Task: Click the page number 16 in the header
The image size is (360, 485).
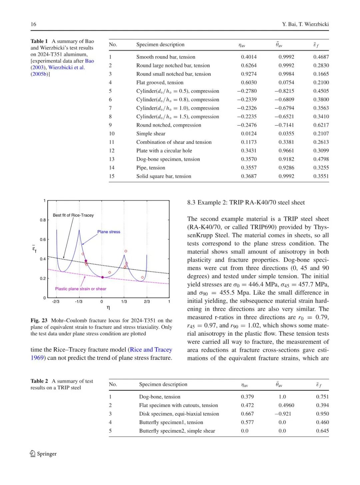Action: (33, 24)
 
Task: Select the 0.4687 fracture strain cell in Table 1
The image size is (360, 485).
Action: (321, 57)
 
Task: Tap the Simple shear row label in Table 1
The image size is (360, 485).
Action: (151, 134)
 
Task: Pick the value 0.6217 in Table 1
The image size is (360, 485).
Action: (321, 125)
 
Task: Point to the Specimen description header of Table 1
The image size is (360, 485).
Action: (160, 45)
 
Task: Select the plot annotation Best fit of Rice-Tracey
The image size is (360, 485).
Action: (73, 215)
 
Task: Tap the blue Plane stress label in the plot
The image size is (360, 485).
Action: (109, 232)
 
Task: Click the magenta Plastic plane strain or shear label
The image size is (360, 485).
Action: (81, 289)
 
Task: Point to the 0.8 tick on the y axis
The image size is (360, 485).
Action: (43, 220)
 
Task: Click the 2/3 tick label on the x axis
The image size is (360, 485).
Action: (147, 302)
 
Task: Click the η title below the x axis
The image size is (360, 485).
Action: (108, 308)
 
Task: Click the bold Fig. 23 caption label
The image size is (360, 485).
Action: (39, 321)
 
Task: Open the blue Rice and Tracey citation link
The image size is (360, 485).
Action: (151, 350)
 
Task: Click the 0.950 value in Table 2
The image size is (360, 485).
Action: (322, 414)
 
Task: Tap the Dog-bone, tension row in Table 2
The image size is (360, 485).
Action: (160, 397)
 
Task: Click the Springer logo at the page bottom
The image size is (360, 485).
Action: (43, 454)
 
